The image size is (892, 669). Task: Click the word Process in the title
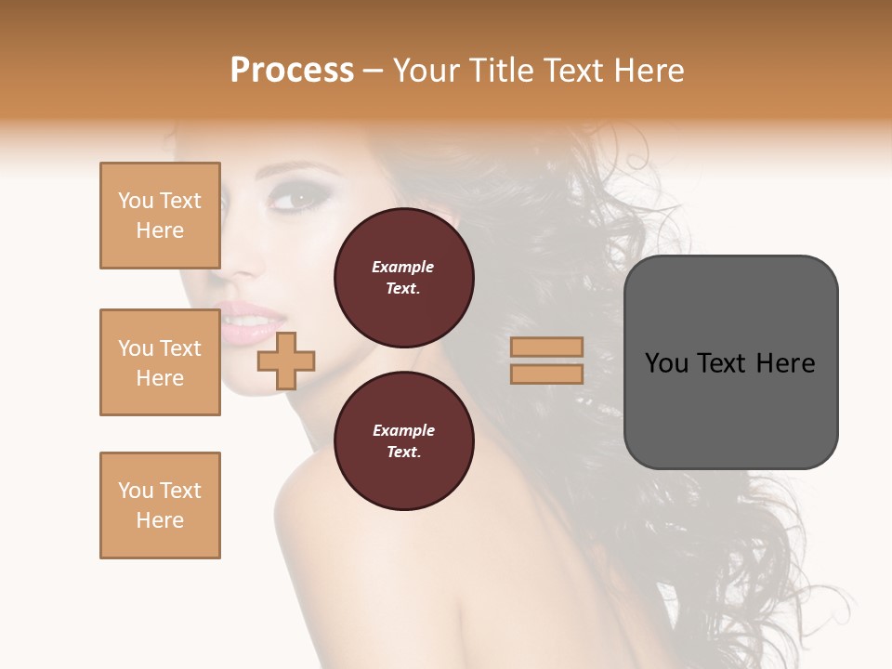292,71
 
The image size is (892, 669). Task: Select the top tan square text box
160,216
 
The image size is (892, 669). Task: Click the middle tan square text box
160,362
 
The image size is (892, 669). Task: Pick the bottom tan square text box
160,505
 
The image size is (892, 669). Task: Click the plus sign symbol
286,360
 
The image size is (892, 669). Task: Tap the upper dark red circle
404,278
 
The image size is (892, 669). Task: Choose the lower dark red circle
404,441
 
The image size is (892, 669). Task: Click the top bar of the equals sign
546,348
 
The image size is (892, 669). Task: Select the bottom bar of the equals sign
546,374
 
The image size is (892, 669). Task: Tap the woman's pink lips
246,323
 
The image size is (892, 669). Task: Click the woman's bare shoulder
325,520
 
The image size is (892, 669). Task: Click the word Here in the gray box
786,363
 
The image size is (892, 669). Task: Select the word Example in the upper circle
403,267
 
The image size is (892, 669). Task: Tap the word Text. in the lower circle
403,453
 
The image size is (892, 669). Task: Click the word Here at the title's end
649,71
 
